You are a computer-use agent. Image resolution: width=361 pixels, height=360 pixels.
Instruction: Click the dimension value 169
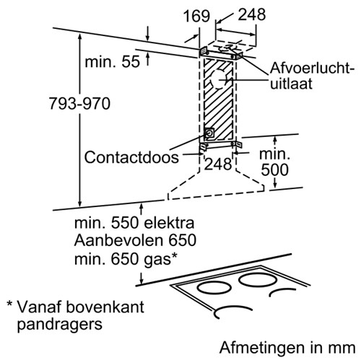click(196, 16)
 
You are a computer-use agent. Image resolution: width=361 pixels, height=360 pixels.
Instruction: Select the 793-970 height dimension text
click(79, 104)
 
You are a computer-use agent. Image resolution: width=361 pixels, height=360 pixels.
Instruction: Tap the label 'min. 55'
click(112, 61)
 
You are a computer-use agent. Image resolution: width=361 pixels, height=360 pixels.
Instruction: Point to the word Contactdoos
click(131, 157)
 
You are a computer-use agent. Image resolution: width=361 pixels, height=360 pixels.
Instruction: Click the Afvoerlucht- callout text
click(312, 69)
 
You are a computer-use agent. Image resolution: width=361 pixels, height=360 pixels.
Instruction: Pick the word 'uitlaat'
click(291, 83)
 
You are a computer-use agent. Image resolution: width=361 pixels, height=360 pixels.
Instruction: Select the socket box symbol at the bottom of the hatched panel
click(209, 133)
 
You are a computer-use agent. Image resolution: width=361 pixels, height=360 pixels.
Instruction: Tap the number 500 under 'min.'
click(274, 170)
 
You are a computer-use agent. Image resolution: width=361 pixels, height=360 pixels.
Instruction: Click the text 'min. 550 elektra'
click(134, 223)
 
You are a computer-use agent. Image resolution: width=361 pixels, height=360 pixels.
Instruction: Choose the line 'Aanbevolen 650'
click(135, 240)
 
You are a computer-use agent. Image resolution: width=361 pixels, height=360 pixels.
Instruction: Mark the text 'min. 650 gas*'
click(126, 259)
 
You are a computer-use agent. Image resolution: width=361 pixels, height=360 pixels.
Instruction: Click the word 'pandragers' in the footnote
click(60, 325)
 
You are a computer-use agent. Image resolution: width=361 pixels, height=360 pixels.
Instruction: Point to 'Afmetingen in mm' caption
click(287, 348)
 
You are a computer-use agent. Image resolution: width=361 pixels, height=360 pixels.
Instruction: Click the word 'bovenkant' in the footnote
click(105, 307)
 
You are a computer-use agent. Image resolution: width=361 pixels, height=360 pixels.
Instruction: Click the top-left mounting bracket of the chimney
click(204, 51)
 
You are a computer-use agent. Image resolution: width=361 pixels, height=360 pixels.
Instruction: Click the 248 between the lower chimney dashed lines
click(218, 164)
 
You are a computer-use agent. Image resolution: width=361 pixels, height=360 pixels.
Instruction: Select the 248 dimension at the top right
click(252, 14)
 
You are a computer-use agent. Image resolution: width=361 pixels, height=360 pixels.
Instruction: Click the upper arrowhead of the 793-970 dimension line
click(80, 38)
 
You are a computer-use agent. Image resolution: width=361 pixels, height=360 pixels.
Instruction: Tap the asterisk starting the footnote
click(9, 304)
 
